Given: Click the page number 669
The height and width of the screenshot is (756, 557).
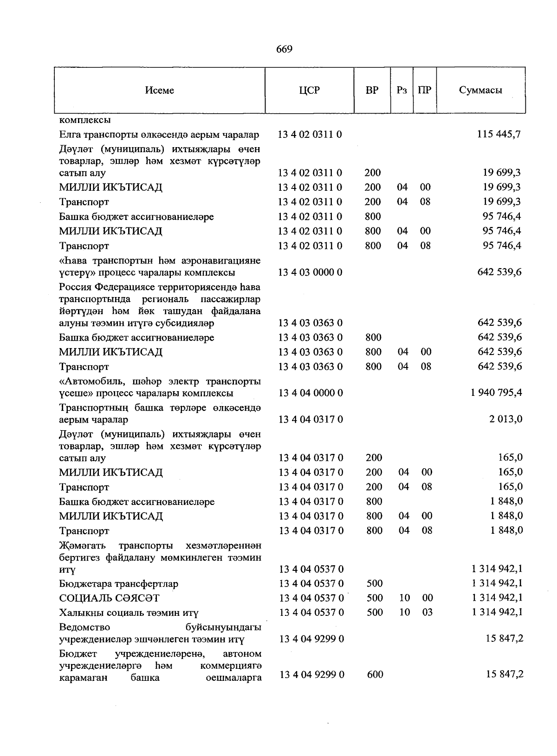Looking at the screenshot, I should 284,49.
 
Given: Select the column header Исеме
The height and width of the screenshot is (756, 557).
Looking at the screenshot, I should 159,90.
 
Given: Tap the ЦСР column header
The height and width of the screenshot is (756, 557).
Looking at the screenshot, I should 310,90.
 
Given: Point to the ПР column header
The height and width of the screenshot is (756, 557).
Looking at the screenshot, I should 424,90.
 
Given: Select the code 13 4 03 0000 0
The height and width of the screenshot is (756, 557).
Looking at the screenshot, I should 310,272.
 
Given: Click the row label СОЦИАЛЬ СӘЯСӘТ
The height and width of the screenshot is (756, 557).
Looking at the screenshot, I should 109,598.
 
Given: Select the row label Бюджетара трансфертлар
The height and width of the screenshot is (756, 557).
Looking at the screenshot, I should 118,584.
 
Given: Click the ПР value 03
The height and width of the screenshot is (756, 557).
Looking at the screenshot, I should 427,613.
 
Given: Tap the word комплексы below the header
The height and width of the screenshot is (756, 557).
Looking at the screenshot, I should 84,120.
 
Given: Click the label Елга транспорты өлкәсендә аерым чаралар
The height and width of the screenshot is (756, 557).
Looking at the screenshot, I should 159,135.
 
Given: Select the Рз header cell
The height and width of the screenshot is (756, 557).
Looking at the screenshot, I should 402,90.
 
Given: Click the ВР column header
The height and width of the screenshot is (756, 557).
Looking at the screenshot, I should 372,90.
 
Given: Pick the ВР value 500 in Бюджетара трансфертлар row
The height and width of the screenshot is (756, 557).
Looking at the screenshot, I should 375,583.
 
